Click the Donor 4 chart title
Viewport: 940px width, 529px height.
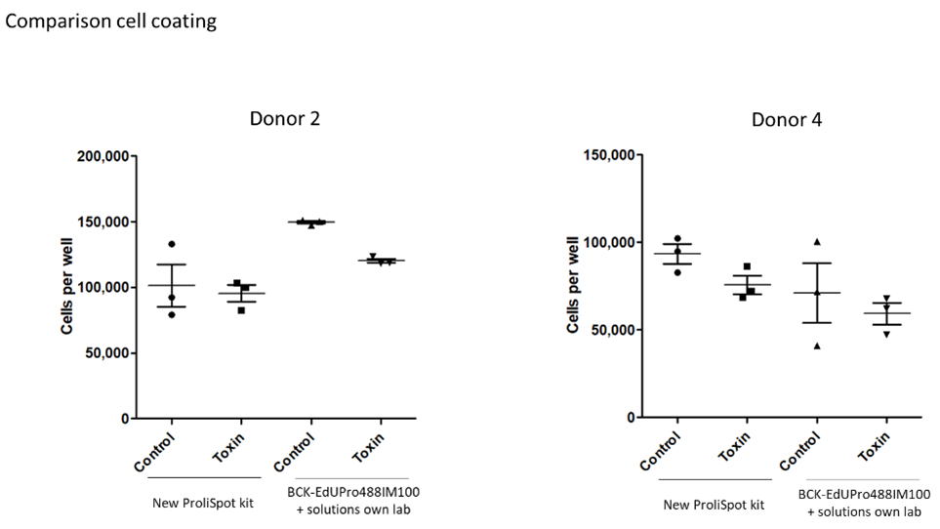coord(787,119)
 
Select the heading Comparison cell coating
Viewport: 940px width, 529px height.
coord(111,20)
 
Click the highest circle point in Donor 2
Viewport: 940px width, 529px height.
coord(172,244)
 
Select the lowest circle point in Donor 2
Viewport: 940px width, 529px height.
coord(172,313)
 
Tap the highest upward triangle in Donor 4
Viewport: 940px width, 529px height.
coord(817,241)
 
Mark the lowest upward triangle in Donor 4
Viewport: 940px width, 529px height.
coord(817,346)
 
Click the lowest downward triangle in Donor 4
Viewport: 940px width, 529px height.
coord(886,334)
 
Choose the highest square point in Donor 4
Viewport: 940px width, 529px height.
coord(747,266)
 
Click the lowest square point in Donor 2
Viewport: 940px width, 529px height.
coord(241,310)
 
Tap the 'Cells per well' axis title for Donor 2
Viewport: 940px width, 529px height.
coord(67,287)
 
